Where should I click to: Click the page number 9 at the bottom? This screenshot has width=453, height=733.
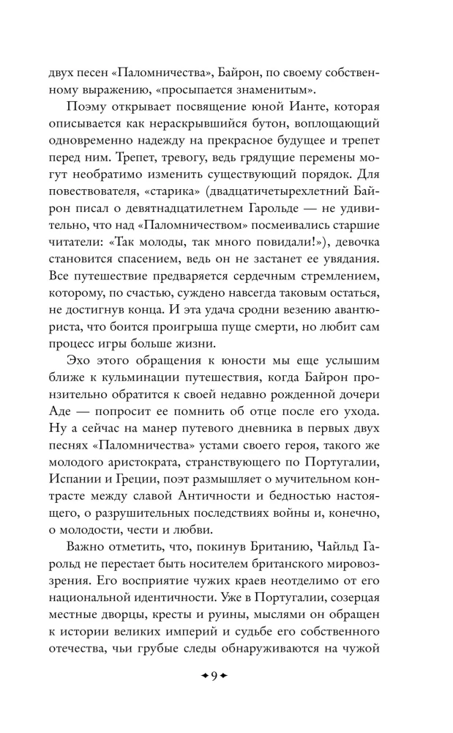(214, 677)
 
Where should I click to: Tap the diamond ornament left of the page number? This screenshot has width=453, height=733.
(203, 677)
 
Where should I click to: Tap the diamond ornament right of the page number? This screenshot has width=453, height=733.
(225, 677)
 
